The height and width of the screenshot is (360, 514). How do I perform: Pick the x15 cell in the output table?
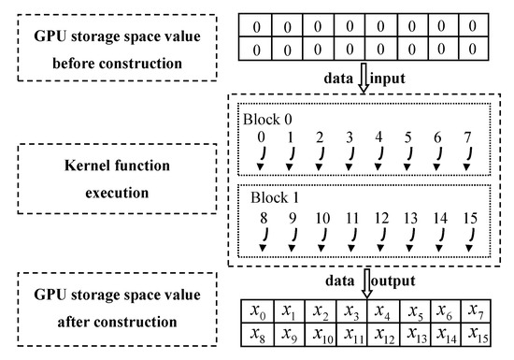coord(478,333)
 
